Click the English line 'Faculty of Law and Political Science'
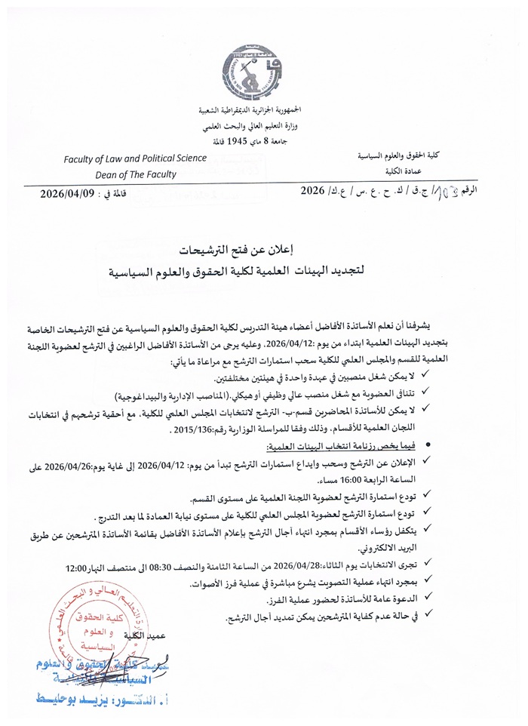[135, 158]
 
